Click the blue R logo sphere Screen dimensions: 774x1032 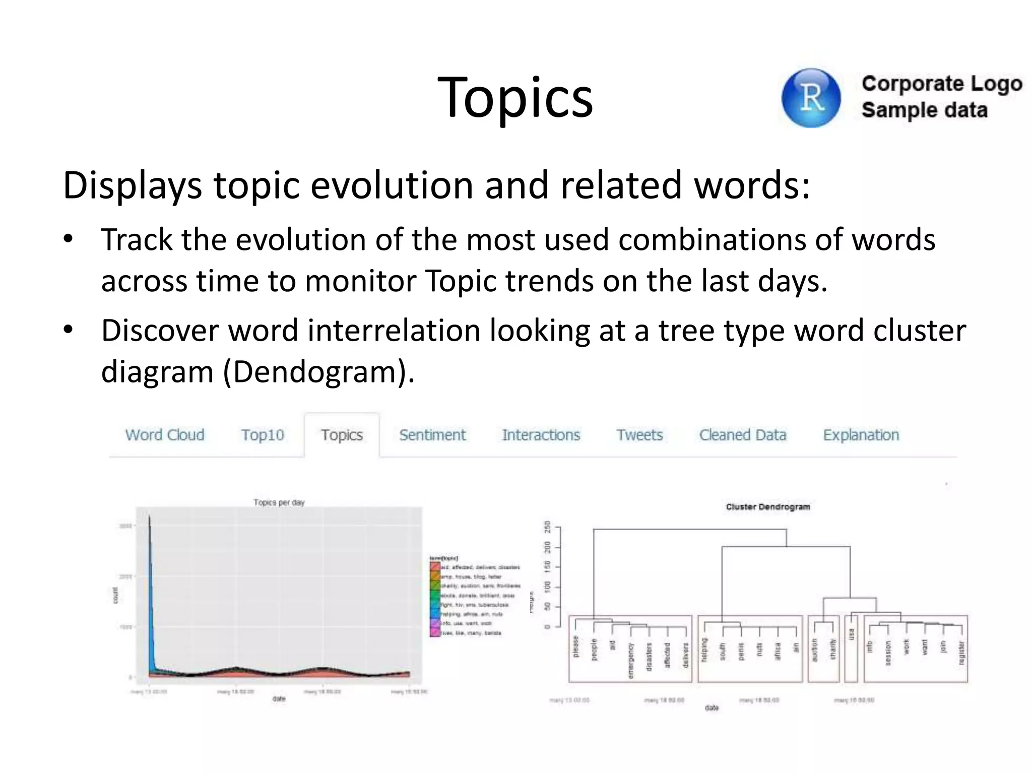click(x=811, y=98)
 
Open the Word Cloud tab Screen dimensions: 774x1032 click(x=165, y=435)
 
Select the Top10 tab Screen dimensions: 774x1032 click(x=262, y=435)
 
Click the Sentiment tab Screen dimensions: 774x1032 click(x=432, y=435)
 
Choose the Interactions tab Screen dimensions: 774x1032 click(x=541, y=435)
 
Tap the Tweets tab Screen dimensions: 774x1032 click(x=639, y=435)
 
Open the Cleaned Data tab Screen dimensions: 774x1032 click(x=742, y=435)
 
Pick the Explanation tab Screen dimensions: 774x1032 click(x=861, y=435)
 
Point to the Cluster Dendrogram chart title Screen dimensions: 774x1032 click(x=767, y=507)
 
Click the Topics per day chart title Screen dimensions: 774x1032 click(x=279, y=502)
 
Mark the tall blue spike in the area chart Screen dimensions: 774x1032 click(x=151, y=579)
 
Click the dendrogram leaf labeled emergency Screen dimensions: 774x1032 click(x=630, y=661)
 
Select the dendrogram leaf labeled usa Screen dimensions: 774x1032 click(x=851, y=634)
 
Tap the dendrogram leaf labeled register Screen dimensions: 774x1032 click(x=961, y=653)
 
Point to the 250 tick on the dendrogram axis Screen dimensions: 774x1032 click(x=547, y=527)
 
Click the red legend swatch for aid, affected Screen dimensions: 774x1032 click(x=434, y=567)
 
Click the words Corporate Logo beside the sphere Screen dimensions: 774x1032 click(x=941, y=84)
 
